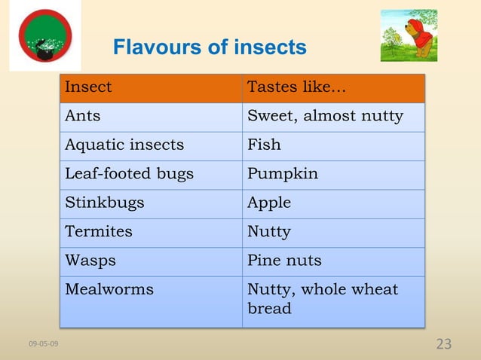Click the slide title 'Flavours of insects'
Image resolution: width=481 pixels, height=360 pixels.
coord(210,48)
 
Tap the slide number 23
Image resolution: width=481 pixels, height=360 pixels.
coord(444,344)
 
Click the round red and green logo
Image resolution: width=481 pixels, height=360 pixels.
coord(45,35)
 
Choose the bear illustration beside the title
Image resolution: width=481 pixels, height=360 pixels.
coord(409,35)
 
